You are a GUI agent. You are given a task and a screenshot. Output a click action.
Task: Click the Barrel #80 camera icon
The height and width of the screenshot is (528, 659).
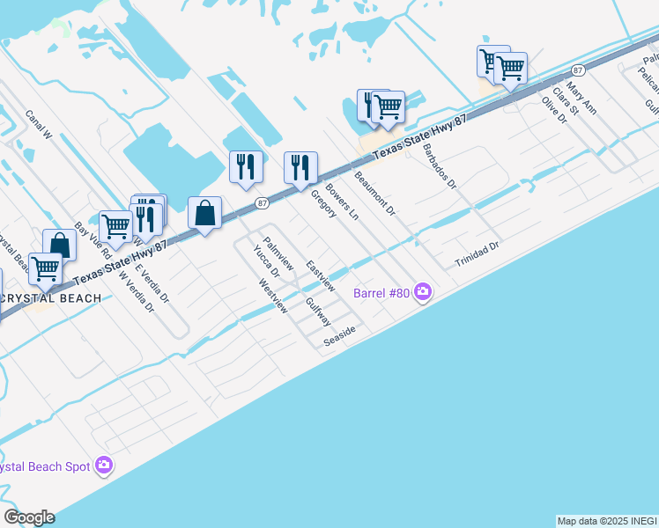point(423,291)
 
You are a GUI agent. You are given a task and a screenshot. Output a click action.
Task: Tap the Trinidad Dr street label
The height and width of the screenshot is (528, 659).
point(477,256)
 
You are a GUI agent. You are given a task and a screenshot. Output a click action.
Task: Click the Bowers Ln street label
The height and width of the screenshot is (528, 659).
point(342,202)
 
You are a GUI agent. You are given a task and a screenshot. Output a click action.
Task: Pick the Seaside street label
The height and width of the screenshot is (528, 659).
point(339,335)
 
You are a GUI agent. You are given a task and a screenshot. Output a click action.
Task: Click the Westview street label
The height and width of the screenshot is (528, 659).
point(272,297)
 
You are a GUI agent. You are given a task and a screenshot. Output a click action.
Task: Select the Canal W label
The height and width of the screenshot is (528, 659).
point(39,125)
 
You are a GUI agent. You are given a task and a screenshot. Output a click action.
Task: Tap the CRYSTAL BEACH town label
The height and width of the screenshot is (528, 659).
point(50,298)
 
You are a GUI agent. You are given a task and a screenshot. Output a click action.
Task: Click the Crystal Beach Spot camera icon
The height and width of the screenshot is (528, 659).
point(104,465)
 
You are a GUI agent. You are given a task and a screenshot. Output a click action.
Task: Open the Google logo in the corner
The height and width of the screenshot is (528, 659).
point(28,517)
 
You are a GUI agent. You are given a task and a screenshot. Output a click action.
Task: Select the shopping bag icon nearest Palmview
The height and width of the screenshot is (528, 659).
point(204,212)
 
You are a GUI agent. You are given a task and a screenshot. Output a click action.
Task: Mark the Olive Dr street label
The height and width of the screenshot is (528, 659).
point(553,111)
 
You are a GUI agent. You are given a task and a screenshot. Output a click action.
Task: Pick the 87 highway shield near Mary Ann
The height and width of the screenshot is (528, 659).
point(578,70)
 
